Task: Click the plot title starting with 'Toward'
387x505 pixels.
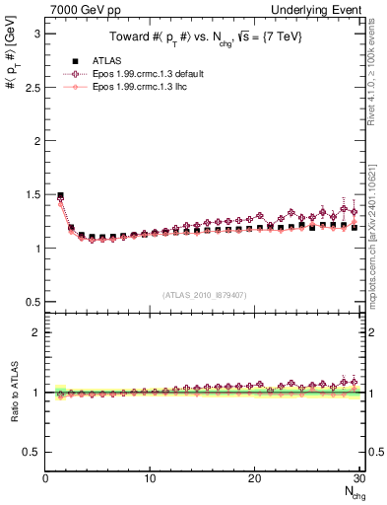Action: [205, 37]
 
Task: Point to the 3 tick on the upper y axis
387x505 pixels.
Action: [35, 34]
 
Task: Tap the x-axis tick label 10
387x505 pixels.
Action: [150, 479]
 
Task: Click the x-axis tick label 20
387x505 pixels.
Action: [255, 479]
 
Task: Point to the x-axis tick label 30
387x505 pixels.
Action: [359, 479]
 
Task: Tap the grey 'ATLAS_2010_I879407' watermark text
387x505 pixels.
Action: [205, 294]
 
